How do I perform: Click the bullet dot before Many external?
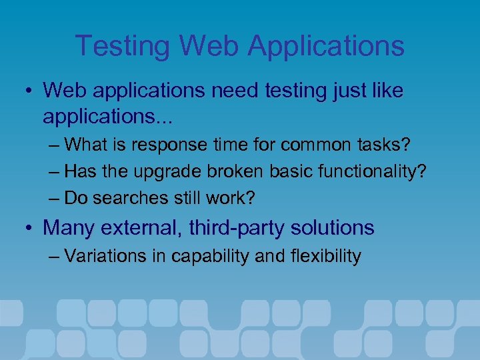[x=29, y=229]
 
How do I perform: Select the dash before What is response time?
[x=55, y=145]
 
